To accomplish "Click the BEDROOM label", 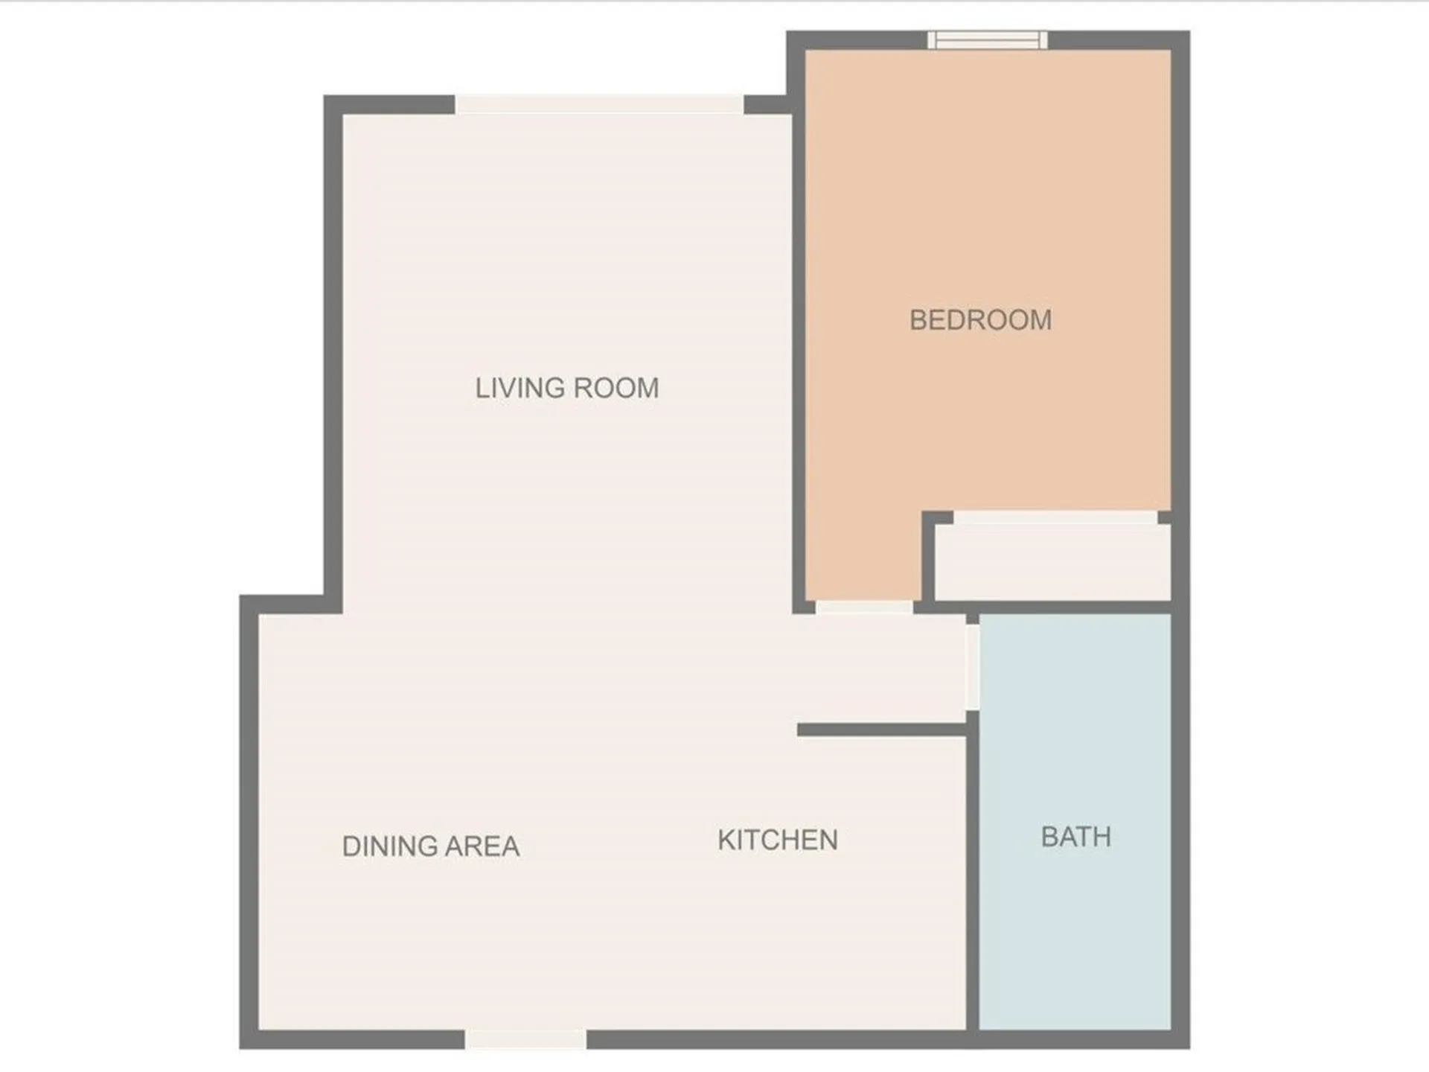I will click(x=980, y=320).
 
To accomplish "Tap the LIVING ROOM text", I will click(x=567, y=388).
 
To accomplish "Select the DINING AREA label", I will click(x=430, y=846).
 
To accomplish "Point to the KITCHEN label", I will click(x=778, y=840).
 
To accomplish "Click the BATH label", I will click(x=1075, y=837).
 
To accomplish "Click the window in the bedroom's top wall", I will click(x=988, y=40).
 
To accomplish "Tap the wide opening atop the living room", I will click(x=599, y=104).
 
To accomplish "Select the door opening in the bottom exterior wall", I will click(x=525, y=1039).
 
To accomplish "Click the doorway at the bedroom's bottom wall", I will click(x=864, y=607).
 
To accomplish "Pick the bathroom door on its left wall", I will click(x=972, y=667).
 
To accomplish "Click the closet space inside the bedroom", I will click(x=1052, y=562).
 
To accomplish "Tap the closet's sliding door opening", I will click(x=1055, y=517).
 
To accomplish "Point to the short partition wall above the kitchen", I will click(x=881, y=730).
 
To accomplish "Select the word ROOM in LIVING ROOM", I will click(x=617, y=388).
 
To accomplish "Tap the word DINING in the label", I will click(x=389, y=846).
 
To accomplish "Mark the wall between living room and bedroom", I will click(x=799, y=357).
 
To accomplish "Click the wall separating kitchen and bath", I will click(x=972, y=878).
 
